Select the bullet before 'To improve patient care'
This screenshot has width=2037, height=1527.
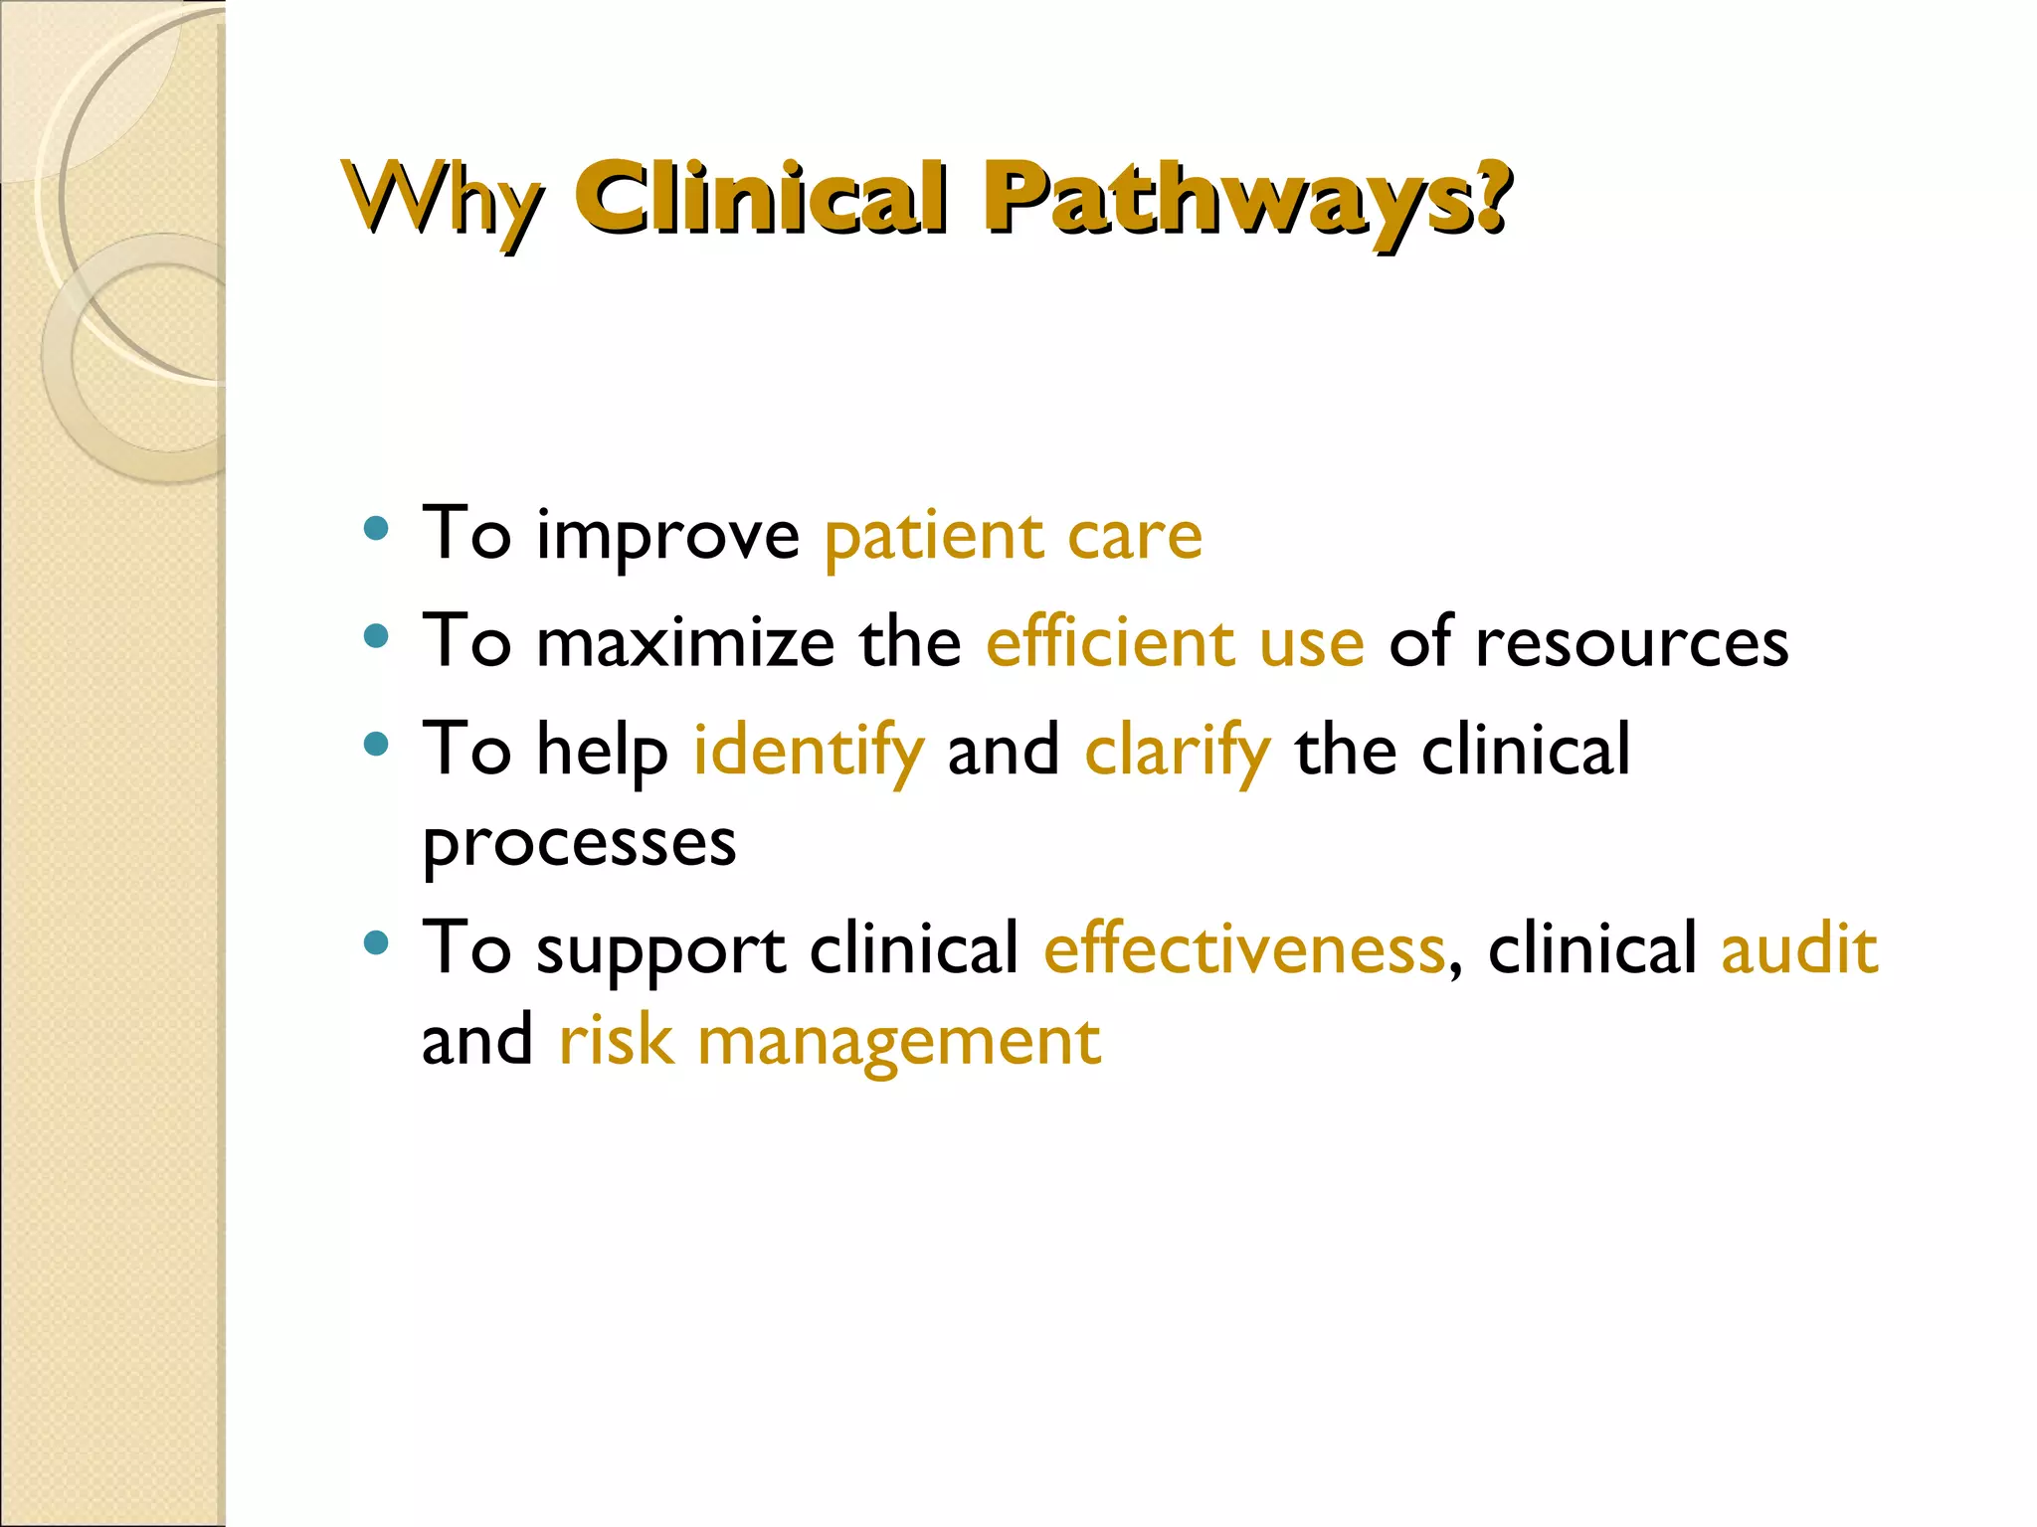pyautogui.click(x=376, y=528)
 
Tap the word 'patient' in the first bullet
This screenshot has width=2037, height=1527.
pyautogui.click(x=933, y=537)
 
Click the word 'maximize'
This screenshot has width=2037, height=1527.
pyautogui.click(x=685, y=642)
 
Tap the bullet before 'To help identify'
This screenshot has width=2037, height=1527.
pyautogui.click(x=376, y=744)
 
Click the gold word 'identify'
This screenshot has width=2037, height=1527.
pyautogui.click(x=809, y=751)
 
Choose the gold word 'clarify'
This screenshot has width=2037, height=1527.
pyautogui.click(x=1178, y=751)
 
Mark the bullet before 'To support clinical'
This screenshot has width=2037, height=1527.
pyautogui.click(x=376, y=942)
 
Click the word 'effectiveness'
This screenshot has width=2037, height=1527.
pyautogui.click(x=1243, y=948)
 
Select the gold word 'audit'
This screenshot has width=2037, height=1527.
pyautogui.click(x=1799, y=948)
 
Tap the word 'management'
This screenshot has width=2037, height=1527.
pyautogui.click(x=899, y=1042)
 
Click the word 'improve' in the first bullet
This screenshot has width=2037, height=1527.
pyautogui.click(x=667, y=538)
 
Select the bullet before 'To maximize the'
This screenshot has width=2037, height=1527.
pyautogui.click(x=376, y=636)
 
